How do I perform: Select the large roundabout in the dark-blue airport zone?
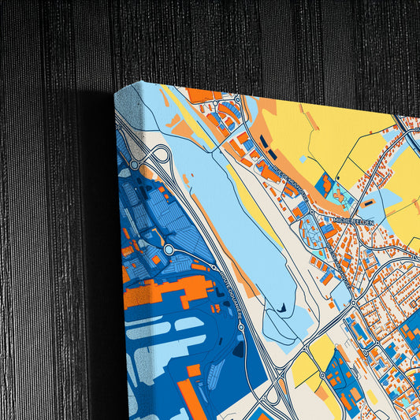coord(169,250)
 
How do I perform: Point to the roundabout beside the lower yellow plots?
coord(322,375)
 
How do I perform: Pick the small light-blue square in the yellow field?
coord(340,192)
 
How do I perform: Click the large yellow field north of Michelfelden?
coord(331,134)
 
